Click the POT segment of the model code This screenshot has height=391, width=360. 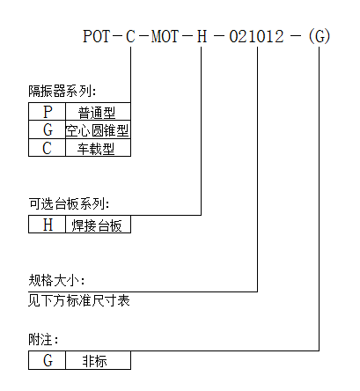tap(97, 36)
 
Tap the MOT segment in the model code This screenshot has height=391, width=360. tap(165, 36)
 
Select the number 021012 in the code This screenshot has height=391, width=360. tap(257, 36)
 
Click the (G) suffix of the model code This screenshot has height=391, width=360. tap(320, 36)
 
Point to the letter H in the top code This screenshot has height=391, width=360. tap(202, 36)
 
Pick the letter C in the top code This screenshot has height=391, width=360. tap(130, 36)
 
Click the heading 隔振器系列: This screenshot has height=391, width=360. tap(62, 91)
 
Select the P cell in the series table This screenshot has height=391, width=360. tap(48, 112)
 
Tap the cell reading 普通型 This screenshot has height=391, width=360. tap(98, 112)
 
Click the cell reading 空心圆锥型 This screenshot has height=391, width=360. tap(98, 129)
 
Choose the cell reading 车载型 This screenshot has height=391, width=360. tap(98, 147)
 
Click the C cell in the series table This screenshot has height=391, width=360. tap(48, 147)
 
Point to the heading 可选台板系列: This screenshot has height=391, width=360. tap(69, 203)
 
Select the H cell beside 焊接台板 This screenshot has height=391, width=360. tap(48, 225)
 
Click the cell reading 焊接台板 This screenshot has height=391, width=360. tap(98, 225)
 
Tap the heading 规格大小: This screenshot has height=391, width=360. tap(56, 280)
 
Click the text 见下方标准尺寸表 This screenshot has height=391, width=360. tap(79, 300)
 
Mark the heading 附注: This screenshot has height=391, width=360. tap(43, 340)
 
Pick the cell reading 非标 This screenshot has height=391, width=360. tap(98, 360)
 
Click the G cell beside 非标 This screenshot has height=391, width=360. tap(48, 360)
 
